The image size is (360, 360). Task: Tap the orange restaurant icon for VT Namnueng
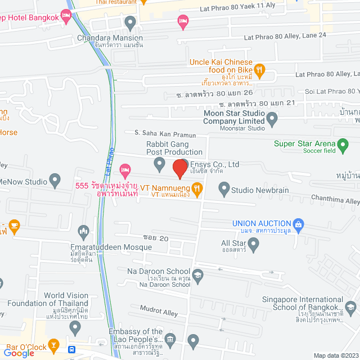pos(197,190)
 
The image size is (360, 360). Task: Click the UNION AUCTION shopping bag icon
pos(298,224)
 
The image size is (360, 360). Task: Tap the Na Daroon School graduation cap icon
pos(197,275)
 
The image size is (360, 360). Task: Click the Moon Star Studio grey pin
pos(272,119)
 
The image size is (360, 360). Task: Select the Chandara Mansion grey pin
pos(131,24)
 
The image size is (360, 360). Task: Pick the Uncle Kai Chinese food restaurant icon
pos(259,70)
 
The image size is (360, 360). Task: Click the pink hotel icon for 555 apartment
pos(125,169)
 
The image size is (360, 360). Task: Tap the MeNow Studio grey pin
pos(55,181)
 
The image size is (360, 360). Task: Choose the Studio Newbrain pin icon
pos(223,190)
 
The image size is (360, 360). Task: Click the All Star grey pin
pos(254,244)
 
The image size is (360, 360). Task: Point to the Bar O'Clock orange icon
pos(53,344)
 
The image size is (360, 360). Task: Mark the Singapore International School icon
pos(351,308)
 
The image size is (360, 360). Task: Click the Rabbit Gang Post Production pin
pos(160,164)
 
